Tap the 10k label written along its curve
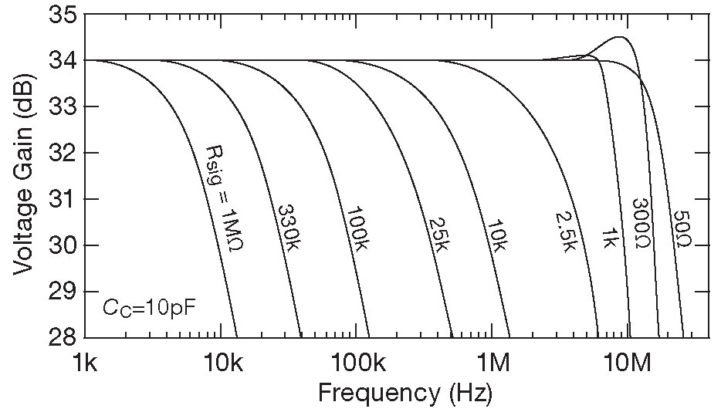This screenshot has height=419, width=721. click(x=497, y=234)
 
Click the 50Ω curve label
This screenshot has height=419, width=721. click(x=681, y=229)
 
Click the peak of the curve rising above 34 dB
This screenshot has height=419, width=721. click(x=619, y=37)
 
